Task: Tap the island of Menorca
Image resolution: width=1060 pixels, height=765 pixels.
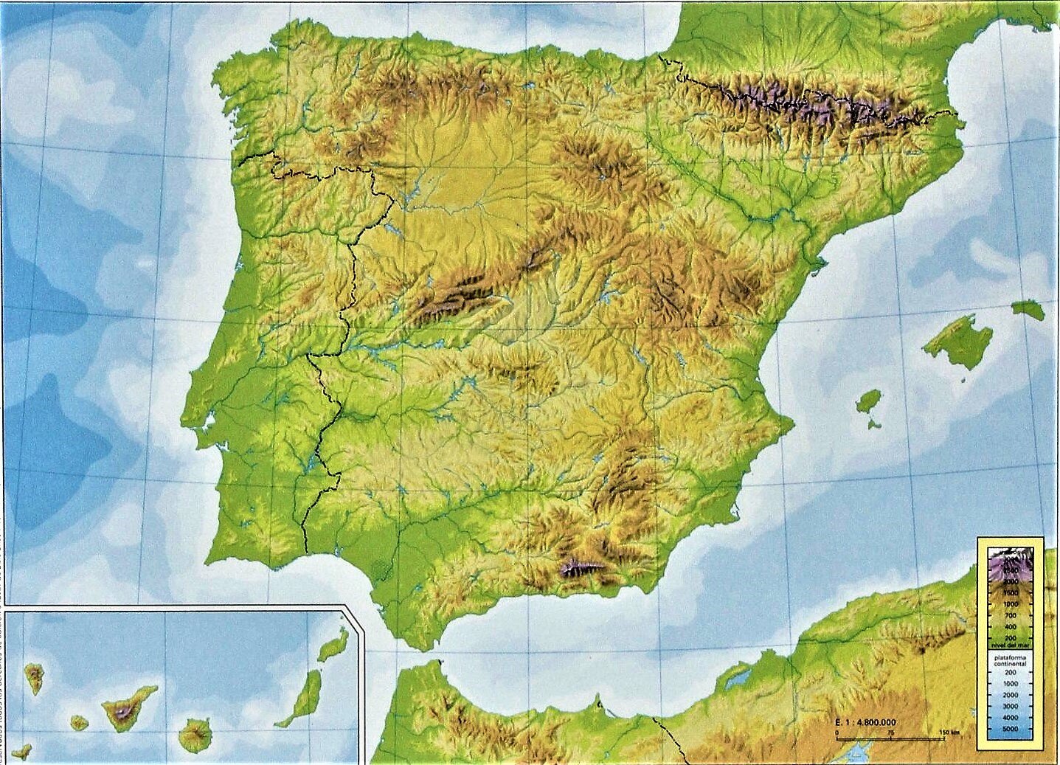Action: click(1028, 308)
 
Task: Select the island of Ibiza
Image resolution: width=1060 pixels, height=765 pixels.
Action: click(868, 403)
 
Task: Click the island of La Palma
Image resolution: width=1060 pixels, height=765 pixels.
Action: click(34, 676)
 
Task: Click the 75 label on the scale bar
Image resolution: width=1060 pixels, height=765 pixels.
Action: click(891, 733)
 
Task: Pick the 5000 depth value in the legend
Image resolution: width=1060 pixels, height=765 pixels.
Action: click(1009, 728)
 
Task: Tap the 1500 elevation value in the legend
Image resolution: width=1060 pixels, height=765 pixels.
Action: click(1009, 592)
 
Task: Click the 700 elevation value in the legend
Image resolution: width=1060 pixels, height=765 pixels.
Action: click(1011, 615)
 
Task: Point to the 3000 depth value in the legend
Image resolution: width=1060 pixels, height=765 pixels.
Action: click(1009, 706)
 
